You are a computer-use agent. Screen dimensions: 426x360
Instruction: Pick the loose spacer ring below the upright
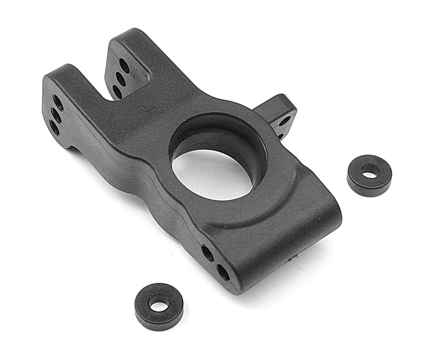tap(159, 306)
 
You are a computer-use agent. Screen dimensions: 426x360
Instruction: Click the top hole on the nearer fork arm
tap(58, 101)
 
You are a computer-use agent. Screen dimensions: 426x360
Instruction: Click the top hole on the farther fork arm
tap(124, 65)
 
